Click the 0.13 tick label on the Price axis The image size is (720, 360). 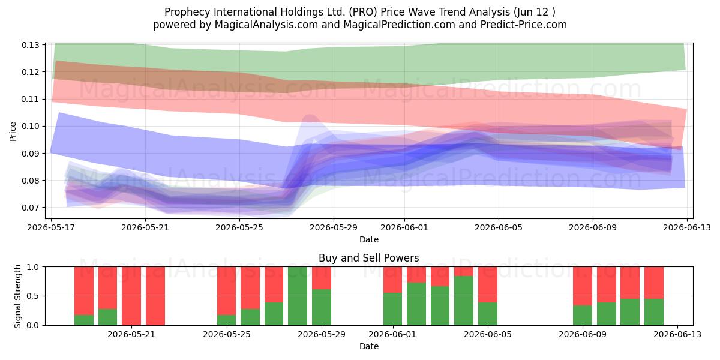click(30, 45)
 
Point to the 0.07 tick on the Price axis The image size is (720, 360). click(30, 208)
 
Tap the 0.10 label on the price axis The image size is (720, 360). click(30, 127)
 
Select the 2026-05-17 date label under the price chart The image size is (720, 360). click(51, 227)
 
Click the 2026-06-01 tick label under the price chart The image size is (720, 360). click(404, 227)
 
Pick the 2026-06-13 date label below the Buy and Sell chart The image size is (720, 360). click(677, 334)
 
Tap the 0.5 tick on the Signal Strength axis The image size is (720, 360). click(33, 296)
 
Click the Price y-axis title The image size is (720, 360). click(13, 132)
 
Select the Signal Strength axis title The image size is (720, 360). click(17, 296)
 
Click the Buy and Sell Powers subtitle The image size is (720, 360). click(368, 258)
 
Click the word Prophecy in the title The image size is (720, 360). click(187, 12)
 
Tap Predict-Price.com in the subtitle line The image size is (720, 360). click(524, 25)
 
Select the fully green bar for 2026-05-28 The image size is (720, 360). click(298, 296)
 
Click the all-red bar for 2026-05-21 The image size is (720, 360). click(131, 296)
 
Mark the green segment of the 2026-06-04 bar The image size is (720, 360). click(464, 301)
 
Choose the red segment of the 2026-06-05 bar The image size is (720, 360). click(488, 284)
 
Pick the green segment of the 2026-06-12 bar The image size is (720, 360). click(654, 312)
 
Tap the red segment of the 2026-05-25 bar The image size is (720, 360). click(227, 290)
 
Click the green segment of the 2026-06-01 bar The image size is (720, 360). click(392, 309)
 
